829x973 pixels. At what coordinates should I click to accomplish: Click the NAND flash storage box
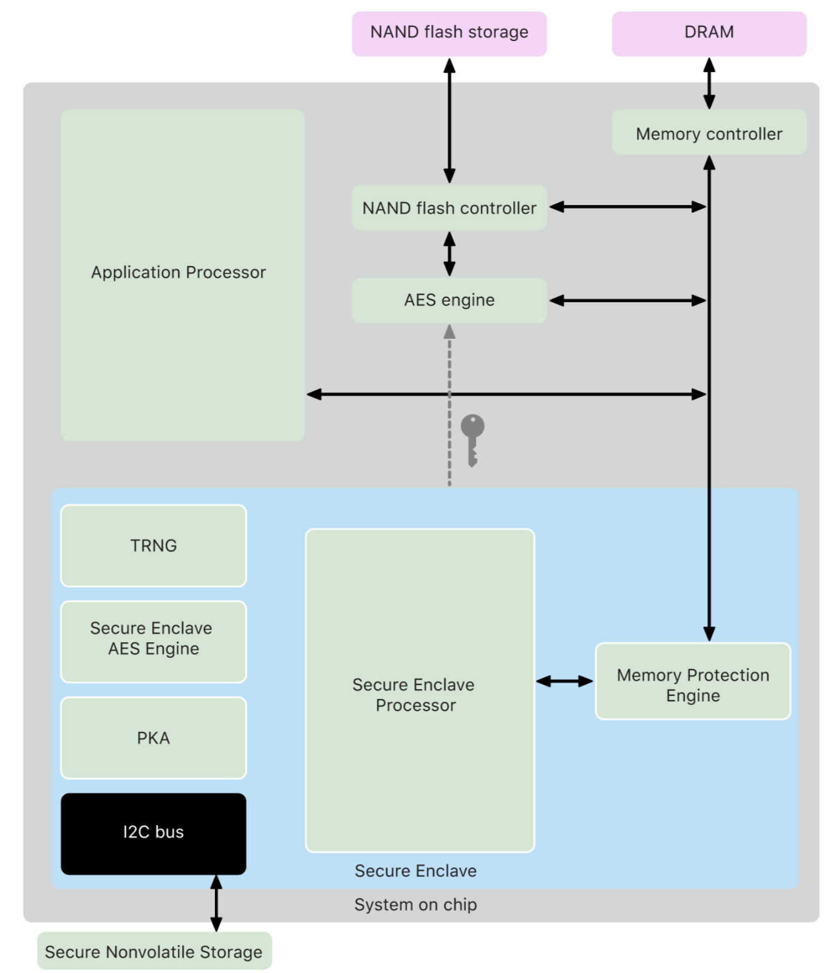(x=449, y=33)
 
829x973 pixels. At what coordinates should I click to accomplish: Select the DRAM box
(x=709, y=33)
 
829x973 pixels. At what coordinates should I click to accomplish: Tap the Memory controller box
(x=709, y=133)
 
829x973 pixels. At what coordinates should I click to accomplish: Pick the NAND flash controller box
(x=449, y=208)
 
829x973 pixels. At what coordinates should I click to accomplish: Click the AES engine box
(x=449, y=300)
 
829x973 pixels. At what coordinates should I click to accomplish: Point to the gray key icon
(x=472, y=439)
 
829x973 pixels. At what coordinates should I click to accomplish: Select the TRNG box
(x=154, y=546)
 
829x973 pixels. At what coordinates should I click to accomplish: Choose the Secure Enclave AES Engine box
(x=154, y=641)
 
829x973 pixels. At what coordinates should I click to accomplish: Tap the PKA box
(x=154, y=738)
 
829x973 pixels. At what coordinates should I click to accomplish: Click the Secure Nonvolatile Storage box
(x=154, y=951)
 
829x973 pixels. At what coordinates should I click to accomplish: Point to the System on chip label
(x=416, y=905)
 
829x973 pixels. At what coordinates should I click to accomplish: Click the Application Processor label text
(x=178, y=272)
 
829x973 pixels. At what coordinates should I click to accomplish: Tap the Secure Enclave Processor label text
(x=414, y=695)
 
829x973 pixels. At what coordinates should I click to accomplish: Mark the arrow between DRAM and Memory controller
(x=709, y=83)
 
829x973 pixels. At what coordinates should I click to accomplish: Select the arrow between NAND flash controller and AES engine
(x=449, y=254)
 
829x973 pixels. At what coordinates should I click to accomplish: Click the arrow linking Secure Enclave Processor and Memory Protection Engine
(x=564, y=681)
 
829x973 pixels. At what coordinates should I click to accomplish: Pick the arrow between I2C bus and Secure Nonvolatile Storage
(x=217, y=903)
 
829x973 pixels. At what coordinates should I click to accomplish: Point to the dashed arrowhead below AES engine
(x=449, y=331)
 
